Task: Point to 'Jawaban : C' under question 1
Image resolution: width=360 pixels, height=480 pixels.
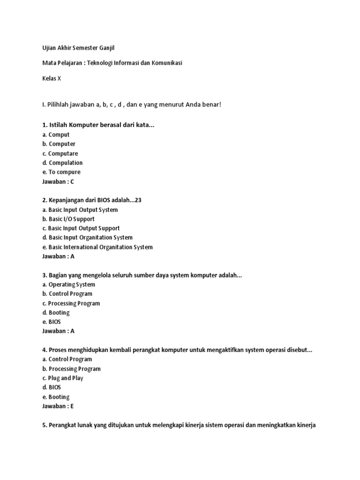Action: [x=58, y=181]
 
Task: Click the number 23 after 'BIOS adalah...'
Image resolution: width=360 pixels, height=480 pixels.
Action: [x=137, y=200]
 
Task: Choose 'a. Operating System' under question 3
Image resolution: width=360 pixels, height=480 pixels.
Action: [x=68, y=285]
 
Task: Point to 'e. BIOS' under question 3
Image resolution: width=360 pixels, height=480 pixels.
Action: [x=52, y=322]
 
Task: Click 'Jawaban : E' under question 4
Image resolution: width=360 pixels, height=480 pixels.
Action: [x=58, y=406]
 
